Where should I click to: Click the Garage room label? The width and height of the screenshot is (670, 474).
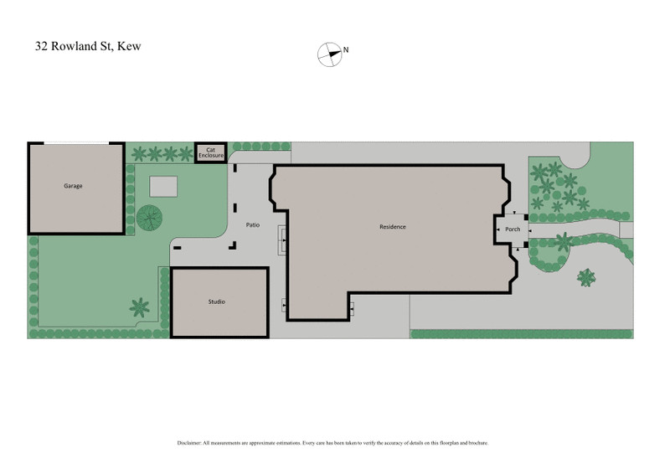click(73, 186)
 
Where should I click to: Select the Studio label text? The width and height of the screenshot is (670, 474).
click(217, 301)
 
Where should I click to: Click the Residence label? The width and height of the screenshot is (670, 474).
click(392, 226)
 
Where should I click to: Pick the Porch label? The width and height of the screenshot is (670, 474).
click(513, 229)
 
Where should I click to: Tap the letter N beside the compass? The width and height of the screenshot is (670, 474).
click(346, 50)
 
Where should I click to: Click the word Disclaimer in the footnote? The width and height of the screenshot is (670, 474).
click(189, 442)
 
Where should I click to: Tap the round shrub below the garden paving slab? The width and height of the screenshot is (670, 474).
click(149, 218)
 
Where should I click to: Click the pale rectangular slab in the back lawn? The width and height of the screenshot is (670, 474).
click(164, 186)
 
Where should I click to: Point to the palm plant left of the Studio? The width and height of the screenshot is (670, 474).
click(140, 307)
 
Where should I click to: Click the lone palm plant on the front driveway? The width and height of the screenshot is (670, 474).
click(588, 276)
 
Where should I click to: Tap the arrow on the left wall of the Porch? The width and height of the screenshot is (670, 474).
click(498, 229)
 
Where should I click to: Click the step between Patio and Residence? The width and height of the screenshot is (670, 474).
click(284, 243)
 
